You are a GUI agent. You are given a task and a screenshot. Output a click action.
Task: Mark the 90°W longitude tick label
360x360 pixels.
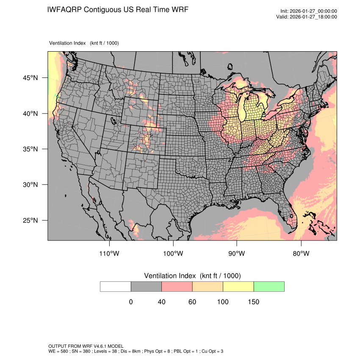pyautogui.click(x=237, y=254)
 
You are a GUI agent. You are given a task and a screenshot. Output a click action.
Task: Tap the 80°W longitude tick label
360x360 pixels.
pyautogui.click(x=301, y=254)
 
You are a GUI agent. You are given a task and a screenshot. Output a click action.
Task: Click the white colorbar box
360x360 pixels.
pyautogui.click(x=116, y=286)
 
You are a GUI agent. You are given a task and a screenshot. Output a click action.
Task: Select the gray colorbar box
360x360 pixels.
pyautogui.click(x=146, y=286)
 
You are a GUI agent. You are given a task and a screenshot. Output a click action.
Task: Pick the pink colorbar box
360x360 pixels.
pyautogui.click(x=177, y=286)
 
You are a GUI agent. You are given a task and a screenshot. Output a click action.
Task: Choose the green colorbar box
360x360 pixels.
pyautogui.click(x=269, y=286)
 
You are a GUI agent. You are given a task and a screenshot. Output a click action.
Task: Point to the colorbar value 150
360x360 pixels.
pyautogui.click(x=253, y=302)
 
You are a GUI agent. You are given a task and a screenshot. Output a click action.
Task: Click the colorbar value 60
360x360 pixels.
pyautogui.click(x=192, y=302)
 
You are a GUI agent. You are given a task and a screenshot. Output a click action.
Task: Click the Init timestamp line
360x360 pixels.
pyautogui.click(x=309, y=11)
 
